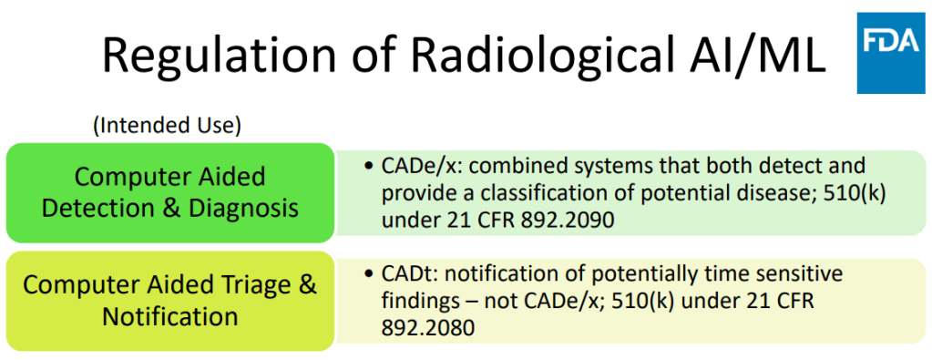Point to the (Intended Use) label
(167, 127)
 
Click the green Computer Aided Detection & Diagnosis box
(170, 192)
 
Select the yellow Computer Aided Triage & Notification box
(170, 301)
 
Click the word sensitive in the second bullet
(800, 274)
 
